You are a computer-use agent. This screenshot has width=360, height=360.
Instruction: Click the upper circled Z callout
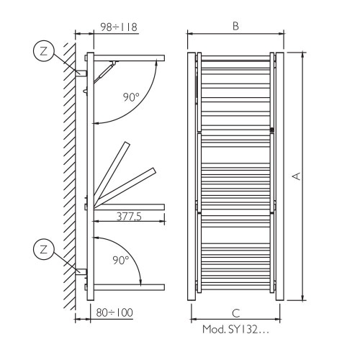[x=44, y=52]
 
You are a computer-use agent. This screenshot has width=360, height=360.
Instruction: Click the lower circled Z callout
[x=44, y=250]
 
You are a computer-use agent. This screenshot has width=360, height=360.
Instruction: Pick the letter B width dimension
[x=235, y=26]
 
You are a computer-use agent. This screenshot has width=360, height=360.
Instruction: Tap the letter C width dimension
[x=235, y=312]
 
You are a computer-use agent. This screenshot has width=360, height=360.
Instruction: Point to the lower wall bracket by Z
[x=81, y=274]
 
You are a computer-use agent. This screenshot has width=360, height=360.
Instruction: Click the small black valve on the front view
[x=271, y=130]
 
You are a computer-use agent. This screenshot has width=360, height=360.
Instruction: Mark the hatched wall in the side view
[x=69, y=173]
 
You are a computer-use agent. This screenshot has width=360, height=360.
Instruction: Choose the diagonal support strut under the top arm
[x=106, y=70]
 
